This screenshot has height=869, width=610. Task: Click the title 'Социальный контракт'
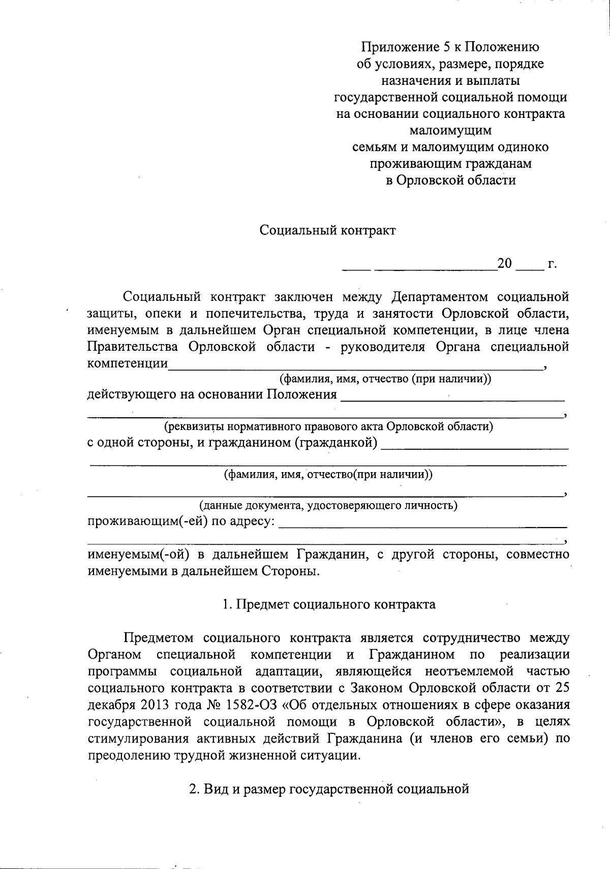click(x=327, y=230)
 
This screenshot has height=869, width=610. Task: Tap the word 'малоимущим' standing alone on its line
click(x=450, y=131)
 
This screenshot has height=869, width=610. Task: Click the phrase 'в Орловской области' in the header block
click(x=450, y=180)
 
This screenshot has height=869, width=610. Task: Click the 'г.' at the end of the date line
click(x=552, y=264)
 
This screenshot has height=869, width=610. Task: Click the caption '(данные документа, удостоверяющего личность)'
click(x=327, y=506)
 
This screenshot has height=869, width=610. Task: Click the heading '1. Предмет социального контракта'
click(x=329, y=604)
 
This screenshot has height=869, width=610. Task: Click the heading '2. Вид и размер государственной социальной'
click(x=328, y=789)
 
